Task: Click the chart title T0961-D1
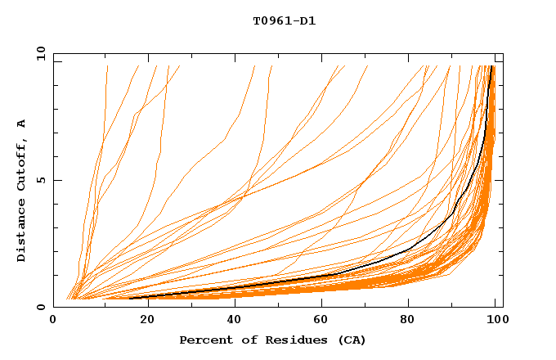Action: pos(284,21)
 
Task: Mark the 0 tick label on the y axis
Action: pos(41,308)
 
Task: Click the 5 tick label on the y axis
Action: pos(41,180)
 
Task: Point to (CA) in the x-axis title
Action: pos(350,340)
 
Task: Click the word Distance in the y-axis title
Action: pos(21,232)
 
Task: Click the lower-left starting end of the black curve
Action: pos(129,299)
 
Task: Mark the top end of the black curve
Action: pos(491,66)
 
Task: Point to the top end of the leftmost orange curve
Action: pos(107,66)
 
